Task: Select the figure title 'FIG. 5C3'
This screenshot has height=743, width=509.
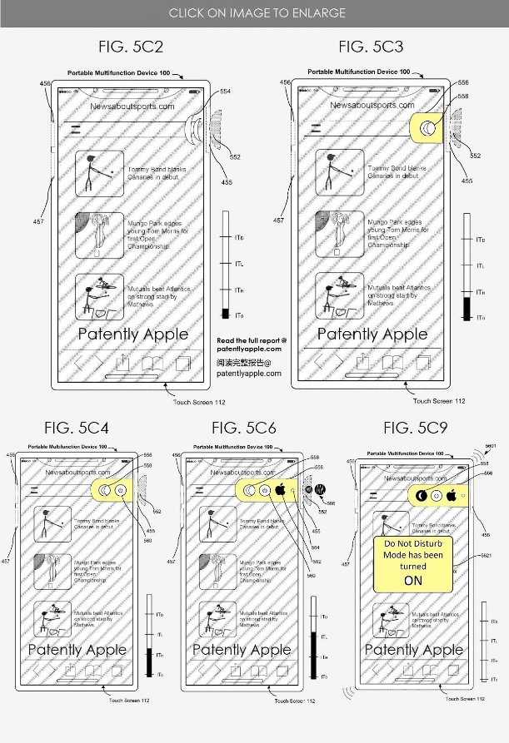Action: point(371,47)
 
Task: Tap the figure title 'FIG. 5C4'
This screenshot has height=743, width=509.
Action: point(78,428)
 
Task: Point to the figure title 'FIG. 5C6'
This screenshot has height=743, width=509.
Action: point(245,428)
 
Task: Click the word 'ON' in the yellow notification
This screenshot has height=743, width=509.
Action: point(413,580)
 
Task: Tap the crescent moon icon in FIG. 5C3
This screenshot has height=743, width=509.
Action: point(427,128)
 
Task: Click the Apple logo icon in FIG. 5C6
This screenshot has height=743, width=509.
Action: point(281,490)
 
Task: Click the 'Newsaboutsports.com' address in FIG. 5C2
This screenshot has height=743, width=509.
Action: point(132,106)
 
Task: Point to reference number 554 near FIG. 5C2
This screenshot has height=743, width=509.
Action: point(226,92)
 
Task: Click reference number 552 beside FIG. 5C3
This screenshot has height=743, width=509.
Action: point(475,156)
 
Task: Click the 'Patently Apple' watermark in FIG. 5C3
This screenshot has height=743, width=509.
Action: point(372,334)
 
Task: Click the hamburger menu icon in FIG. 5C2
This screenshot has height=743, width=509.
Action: point(76,128)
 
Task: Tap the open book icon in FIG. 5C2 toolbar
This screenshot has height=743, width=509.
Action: point(152,363)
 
